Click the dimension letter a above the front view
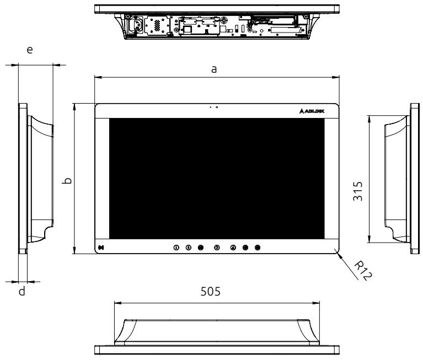coord(213,69)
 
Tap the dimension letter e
coord(30,50)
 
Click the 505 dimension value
coord(211,292)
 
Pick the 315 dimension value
coord(358,191)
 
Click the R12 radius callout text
coord(363,270)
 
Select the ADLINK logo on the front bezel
coord(312,111)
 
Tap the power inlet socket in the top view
coord(136,25)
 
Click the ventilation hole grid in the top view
coord(157,25)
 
